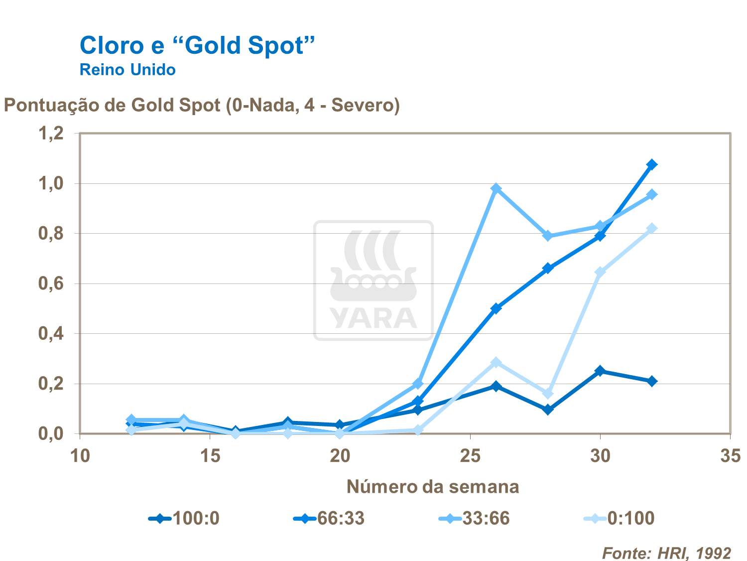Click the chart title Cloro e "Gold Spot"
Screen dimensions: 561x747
point(197,45)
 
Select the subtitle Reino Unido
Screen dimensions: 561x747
point(127,70)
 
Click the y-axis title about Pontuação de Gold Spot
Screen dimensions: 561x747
point(202,106)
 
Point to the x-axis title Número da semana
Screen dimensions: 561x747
point(432,486)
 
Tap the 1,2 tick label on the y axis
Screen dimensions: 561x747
point(51,134)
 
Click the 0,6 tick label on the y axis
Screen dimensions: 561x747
point(51,283)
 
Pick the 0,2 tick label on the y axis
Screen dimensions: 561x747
point(51,384)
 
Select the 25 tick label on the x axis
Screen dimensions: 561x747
point(470,456)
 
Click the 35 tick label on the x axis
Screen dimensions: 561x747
point(730,456)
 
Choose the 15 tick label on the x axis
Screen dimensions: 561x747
point(210,456)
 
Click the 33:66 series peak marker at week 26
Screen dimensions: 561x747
point(496,188)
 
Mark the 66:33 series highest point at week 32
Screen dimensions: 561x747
point(652,164)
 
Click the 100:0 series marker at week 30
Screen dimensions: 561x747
point(600,371)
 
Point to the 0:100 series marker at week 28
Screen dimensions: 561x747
point(548,394)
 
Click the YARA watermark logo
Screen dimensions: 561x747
point(373,280)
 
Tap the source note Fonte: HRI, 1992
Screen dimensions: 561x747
point(666,553)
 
